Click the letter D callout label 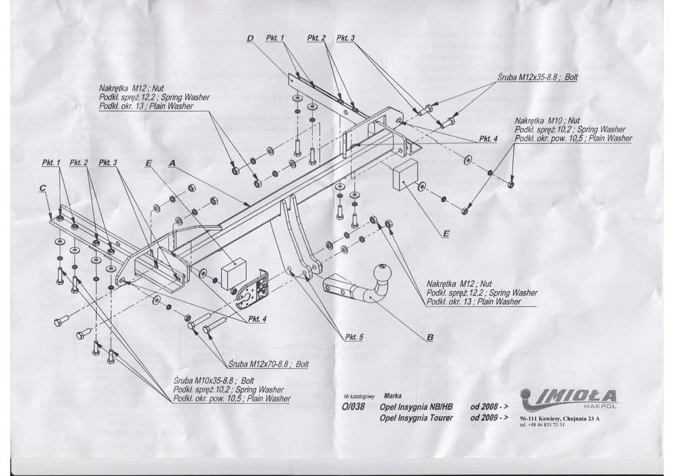click(250, 38)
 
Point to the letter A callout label click(172, 163)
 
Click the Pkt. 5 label click(353, 337)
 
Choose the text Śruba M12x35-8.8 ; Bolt click(537, 77)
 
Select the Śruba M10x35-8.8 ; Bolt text click(209, 380)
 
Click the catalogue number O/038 click(353, 407)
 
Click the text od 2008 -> click(489, 407)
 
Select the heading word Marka click(392, 397)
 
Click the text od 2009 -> click(489, 417)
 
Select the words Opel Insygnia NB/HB click(416, 407)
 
